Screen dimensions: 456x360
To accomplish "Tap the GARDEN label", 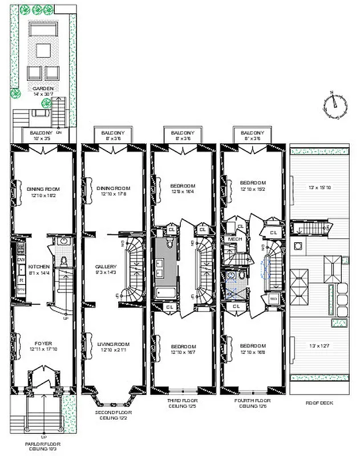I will pos(43,89).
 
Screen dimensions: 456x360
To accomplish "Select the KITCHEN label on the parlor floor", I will pos(39,266).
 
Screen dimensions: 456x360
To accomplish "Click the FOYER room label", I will pos(43,344).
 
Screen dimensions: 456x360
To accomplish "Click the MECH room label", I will pos(232,239).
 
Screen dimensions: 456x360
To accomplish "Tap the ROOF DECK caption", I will pos(320,403).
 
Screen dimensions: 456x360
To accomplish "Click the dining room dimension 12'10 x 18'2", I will pos(43,195).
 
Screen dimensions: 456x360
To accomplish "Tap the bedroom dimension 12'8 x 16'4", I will pos(183,192).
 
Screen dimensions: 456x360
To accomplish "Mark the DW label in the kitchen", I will pos(22,259).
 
